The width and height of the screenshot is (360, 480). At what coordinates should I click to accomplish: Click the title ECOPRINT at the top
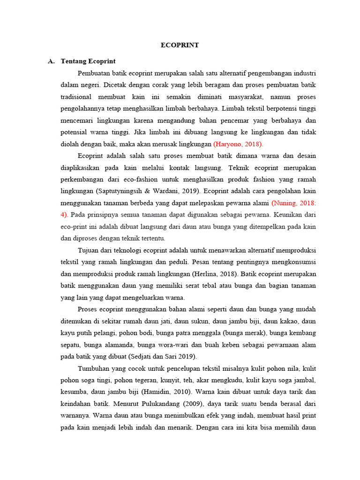coord(180,45)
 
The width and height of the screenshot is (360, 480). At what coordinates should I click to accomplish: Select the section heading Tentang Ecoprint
coord(88,61)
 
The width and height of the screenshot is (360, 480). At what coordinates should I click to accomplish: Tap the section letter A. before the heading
coord(52,61)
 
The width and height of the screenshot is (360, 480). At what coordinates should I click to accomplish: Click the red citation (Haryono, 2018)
coord(238,143)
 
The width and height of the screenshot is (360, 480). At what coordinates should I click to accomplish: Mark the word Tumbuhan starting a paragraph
coord(93,368)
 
